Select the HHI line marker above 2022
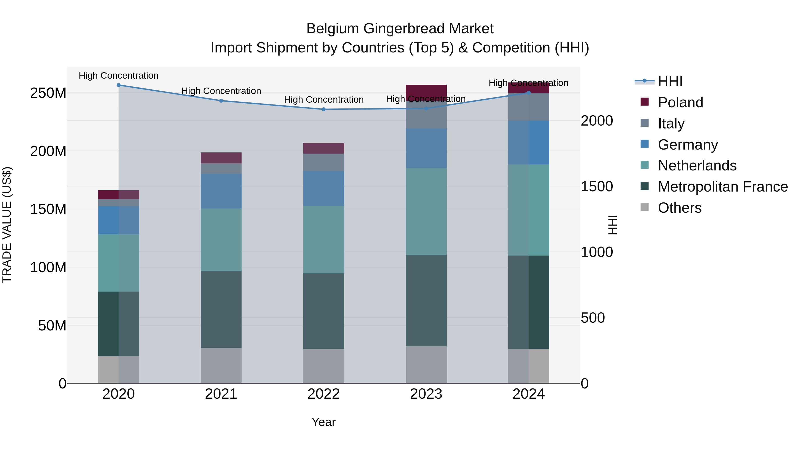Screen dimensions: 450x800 pos(324,109)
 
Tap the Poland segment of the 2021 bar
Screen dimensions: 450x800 pos(221,158)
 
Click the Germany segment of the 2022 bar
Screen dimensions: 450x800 pos(324,188)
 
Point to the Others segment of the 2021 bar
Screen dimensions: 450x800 pos(221,366)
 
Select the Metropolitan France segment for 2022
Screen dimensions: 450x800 pos(324,311)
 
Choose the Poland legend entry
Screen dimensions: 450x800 pos(680,102)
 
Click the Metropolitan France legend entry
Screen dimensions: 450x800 pos(722,187)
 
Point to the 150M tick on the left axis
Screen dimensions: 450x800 pos(48,209)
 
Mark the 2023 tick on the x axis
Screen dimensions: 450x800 pos(426,394)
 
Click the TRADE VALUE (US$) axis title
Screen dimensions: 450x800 pos(7,225)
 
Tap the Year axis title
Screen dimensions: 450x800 pos(324,422)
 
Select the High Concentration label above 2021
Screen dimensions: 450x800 pos(221,91)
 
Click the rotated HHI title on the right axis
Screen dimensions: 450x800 pos(612,225)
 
